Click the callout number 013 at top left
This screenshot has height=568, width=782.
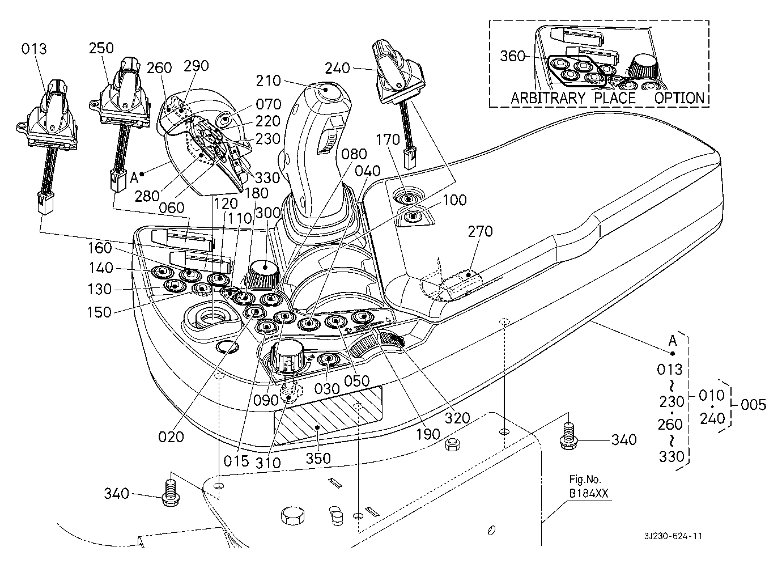pyautogui.click(x=35, y=49)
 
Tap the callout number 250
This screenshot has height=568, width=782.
pyautogui.click(x=101, y=48)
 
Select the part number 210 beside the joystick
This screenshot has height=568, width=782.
pyautogui.click(x=269, y=80)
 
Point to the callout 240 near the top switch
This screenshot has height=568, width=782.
pyautogui.click(x=338, y=68)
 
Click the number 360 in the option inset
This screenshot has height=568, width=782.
pyautogui.click(x=513, y=56)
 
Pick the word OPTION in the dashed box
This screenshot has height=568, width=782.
pyautogui.click(x=679, y=98)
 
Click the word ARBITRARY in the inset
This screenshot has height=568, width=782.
pyautogui.click(x=548, y=98)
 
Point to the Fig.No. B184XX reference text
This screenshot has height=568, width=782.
pyautogui.click(x=589, y=488)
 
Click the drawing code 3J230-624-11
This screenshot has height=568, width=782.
pyautogui.click(x=673, y=536)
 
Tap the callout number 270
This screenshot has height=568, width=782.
pyautogui.click(x=481, y=231)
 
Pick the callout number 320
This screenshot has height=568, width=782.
pyautogui.click(x=457, y=418)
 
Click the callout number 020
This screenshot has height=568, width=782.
pyautogui.click(x=171, y=436)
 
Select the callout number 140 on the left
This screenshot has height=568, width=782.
pyautogui.click(x=101, y=268)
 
